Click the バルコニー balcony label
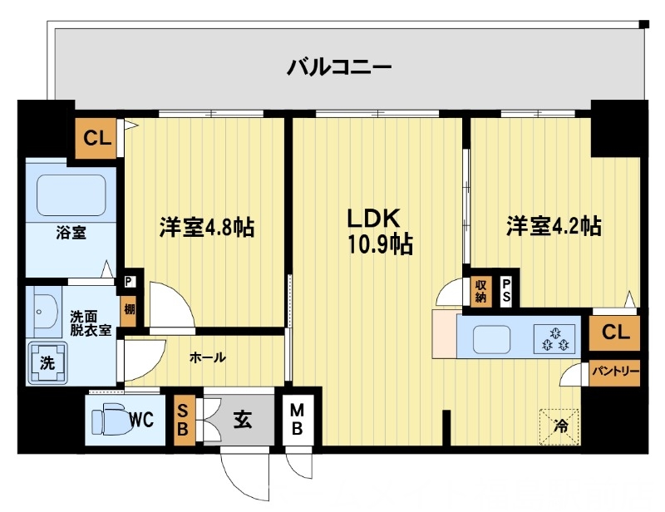338,66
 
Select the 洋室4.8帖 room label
206,226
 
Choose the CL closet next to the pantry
615,332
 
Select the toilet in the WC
111,418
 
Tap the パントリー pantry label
615,372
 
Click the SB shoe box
184,421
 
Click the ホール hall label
206,357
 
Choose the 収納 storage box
481,290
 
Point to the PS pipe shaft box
506,290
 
